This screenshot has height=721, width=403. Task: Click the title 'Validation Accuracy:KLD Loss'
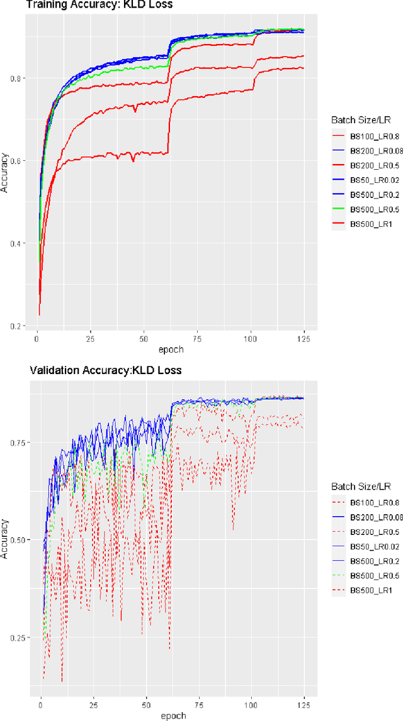pyautogui.click(x=105, y=370)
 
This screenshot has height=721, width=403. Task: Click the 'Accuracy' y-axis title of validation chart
pyautogui.click(x=6, y=537)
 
